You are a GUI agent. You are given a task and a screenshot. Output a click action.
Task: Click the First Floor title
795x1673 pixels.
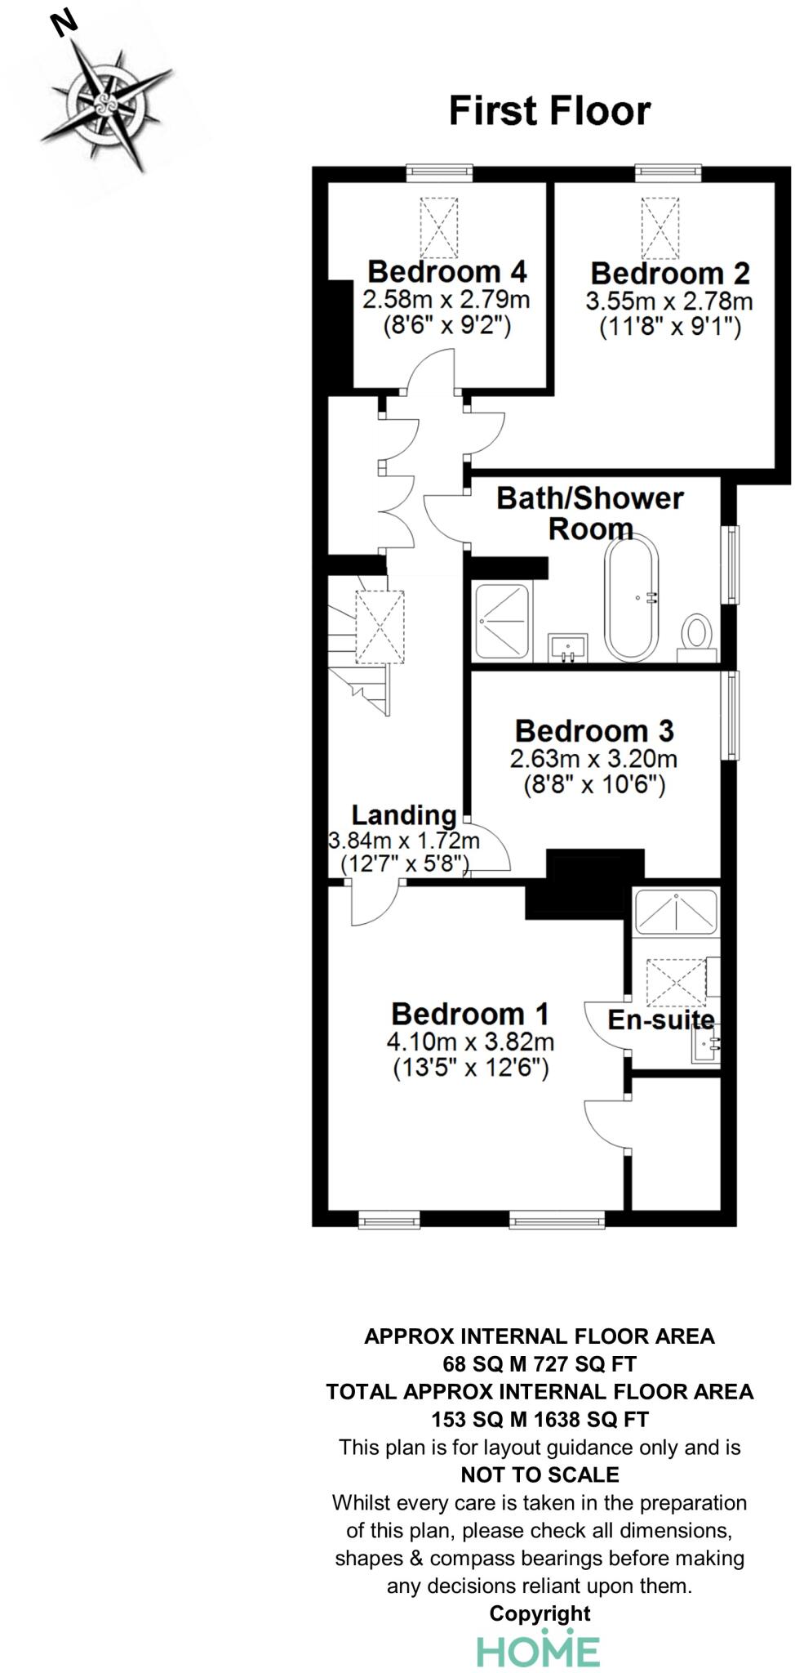pyautogui.click(x=549, y=111)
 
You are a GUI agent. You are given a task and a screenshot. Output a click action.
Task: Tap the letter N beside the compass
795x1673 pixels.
pyautogui.click(x=64, y=23)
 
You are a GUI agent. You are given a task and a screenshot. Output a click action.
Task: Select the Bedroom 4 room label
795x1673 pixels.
pyautogui.click(x=446, y=271)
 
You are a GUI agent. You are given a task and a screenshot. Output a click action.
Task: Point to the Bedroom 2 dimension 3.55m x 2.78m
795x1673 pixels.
pyautogui.click(x=669, y=301)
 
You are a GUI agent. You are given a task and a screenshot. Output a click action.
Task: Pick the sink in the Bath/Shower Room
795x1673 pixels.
pyautogui.click(x=568, y=648)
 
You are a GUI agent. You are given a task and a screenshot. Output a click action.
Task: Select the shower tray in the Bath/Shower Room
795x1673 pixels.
pyautogui.click(x=502, y=621)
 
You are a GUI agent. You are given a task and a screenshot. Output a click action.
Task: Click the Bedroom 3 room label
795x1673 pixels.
pyautogui.click(x=594, y=729)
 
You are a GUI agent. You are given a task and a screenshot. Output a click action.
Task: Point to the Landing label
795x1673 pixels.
pyautogui.click(x=404, y=814)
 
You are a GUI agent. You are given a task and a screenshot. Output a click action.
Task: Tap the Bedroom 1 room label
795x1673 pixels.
pyautogui.click(x=470, y=1014)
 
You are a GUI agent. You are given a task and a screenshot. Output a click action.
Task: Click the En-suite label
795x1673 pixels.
pyautogui.click(x=661, y=1019)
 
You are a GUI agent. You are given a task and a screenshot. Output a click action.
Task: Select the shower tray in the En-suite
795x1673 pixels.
pyautogui.click(x=677, y=912)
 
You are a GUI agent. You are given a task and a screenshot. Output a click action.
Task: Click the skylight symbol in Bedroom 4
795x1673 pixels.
pyautogui.click(x=439, y=226)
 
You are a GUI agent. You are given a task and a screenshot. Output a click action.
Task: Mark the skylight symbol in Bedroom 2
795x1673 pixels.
pyautogui.click(x=660, y=226)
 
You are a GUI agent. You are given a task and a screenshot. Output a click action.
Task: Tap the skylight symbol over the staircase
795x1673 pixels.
pyautogui.click(x=380, y=627)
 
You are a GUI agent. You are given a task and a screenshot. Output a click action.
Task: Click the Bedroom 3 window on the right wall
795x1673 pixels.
pyautogui.click(x=732, y=716)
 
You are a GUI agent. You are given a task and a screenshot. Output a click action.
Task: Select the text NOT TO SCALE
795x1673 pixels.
pyautogui.click(x=540, y=1474)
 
